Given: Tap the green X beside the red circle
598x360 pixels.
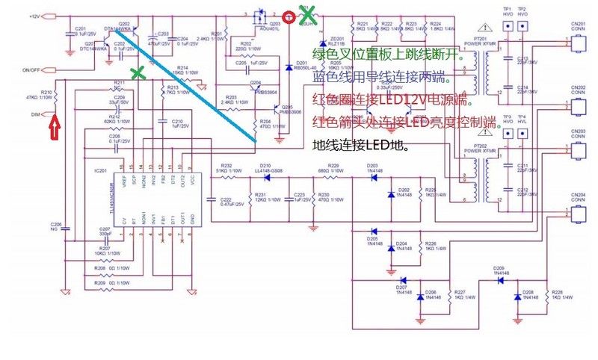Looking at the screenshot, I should [x=306, y=13].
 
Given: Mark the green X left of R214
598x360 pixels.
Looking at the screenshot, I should [x=138, y=72].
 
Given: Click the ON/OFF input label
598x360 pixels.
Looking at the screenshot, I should [x=31, y=69].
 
